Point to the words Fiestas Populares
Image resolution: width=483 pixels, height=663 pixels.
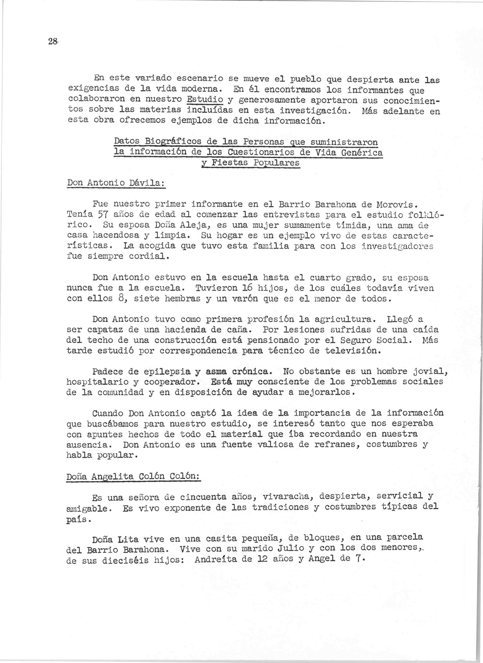click(x=255, y=163)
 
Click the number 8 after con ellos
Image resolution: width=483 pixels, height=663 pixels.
click(x=122, y=299)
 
